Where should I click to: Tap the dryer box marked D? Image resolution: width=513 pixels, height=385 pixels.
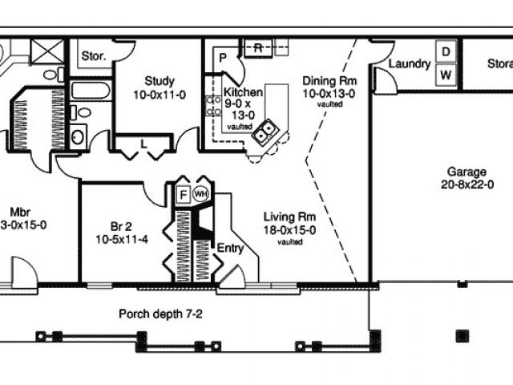coord(446,51)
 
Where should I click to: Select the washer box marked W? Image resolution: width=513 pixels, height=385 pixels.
coord(446,75)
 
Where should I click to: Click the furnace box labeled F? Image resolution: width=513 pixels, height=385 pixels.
coord(182,193)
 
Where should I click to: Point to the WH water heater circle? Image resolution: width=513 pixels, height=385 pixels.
coord(200,193)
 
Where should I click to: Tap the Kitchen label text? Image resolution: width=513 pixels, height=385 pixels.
coord(243,92)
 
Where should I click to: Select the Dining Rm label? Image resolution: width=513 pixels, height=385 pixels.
coord(329,80)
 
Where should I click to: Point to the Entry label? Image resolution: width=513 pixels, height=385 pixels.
coord(231,249)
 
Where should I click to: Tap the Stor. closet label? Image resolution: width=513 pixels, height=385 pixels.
coord(95,56)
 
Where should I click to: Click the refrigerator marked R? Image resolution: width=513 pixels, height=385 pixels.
coord(259,47)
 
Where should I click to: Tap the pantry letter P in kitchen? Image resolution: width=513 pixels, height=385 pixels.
coord(222,59)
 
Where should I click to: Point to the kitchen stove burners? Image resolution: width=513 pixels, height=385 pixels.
coord(214,107)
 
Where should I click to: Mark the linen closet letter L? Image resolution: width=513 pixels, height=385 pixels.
coord(143,143)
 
